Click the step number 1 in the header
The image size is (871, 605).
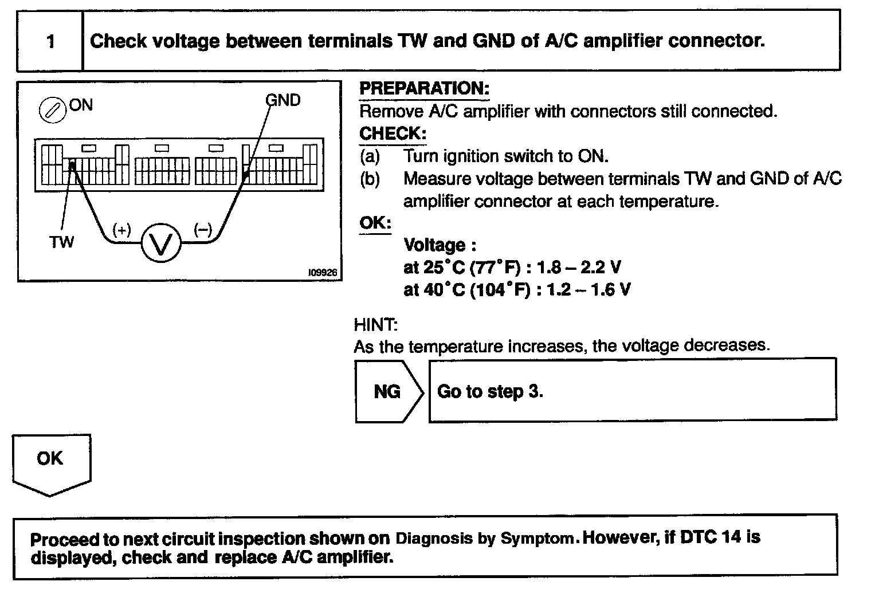click(50, 41)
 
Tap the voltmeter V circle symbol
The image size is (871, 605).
click(161, 244)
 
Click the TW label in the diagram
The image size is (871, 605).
click(61, 242)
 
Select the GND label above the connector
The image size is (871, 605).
click(283, 100)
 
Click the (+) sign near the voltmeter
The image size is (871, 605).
click(121, 230)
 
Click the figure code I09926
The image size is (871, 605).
click(322, 274)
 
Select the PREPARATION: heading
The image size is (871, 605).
click(424, 89)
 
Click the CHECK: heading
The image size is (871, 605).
click(393, 133)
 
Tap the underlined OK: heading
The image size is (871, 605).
click(375, 223)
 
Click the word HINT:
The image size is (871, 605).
click(376, 325)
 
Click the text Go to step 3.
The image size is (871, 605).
click(490, 392)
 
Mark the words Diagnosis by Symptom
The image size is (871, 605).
click(485, 539)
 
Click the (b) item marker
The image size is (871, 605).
click(370, 179)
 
